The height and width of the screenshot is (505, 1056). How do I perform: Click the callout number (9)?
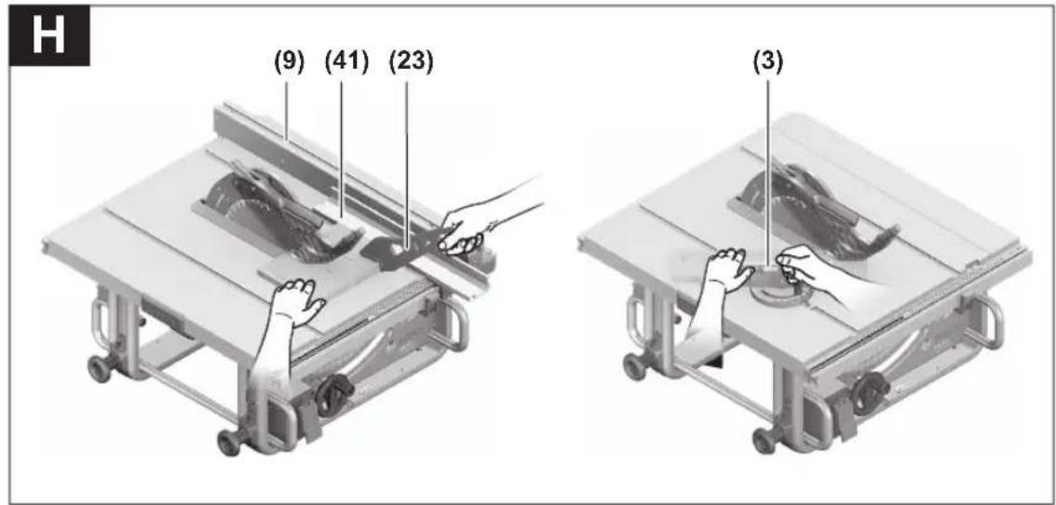(289, 62)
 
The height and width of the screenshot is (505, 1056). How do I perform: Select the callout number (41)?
(346, 62)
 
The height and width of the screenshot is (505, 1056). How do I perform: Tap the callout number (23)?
(411, 62)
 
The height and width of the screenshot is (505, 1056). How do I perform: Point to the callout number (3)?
(767, 62)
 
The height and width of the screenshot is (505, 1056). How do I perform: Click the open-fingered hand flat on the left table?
(297, 301)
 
